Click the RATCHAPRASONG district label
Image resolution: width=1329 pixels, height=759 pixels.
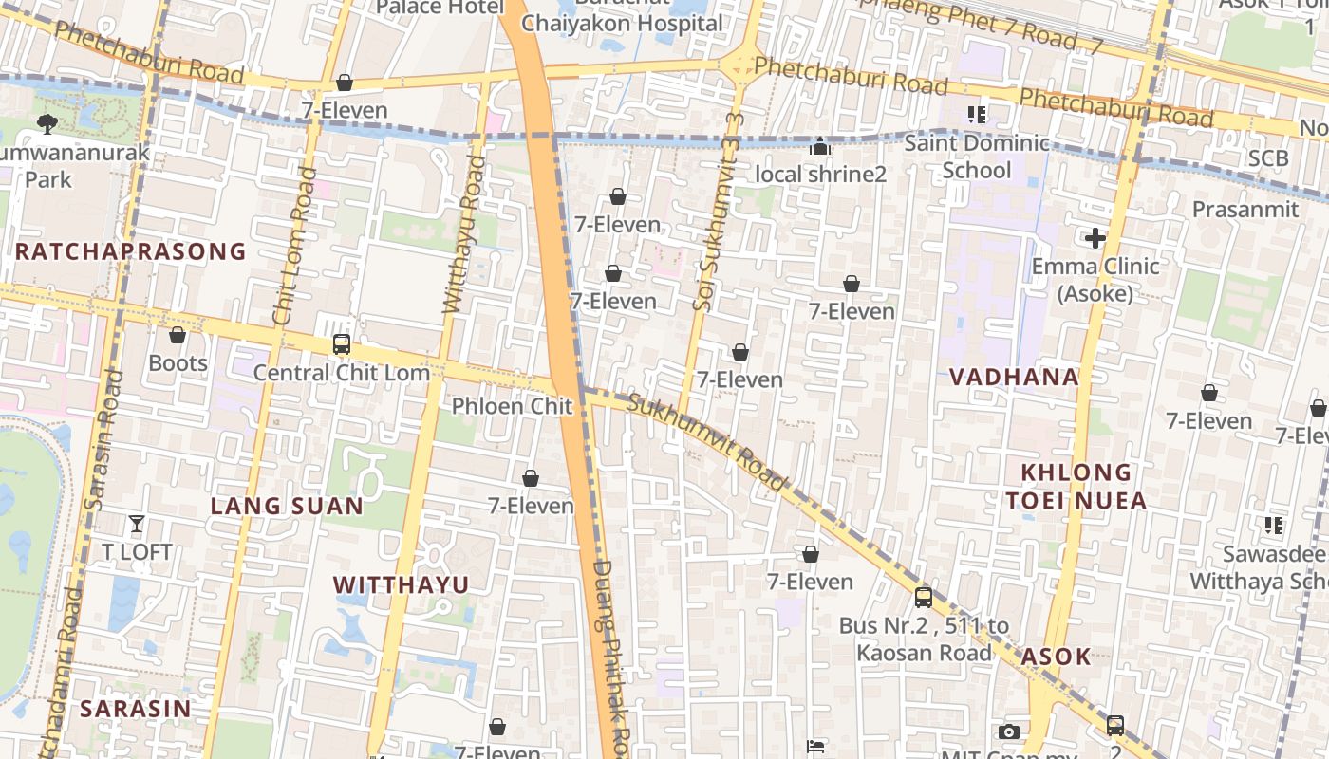click(x=131, y=251)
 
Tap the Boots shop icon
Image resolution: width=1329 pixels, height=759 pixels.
click(x=178, y=336)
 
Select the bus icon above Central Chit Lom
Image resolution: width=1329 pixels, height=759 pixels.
click(x=342, y=345)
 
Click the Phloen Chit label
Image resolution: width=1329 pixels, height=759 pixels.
click(x=512, y=407)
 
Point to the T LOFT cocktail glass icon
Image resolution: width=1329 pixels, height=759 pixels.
click(x=137, y=524)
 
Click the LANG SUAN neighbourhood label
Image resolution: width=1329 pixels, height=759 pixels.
click(x=287, y=506)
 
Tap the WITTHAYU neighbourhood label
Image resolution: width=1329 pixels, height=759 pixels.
click(x=402, y=585)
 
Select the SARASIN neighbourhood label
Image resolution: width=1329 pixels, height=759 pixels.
click(x=135, y=709)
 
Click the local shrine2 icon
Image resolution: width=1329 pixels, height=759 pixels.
click(x=821, y=147)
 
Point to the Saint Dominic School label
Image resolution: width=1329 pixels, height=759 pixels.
click(x=977, y=157)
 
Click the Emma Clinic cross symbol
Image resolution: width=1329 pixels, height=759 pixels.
click(x=1095, y=238)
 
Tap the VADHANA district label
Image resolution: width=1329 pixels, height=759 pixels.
click(x=1014, y=377)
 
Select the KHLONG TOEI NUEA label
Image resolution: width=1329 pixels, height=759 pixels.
click(x=1083, y=486)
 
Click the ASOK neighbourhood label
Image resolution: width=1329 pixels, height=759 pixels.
click(x=1056, y=657)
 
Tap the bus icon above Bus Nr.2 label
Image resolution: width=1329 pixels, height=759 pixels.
click(x=923, y=598)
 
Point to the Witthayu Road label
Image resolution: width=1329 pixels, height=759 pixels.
click(x=465, y=235)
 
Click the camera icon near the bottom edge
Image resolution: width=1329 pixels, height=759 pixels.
click(x=1009, y=731)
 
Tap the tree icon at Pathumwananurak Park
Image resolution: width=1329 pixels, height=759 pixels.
click(x=47, y=123)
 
